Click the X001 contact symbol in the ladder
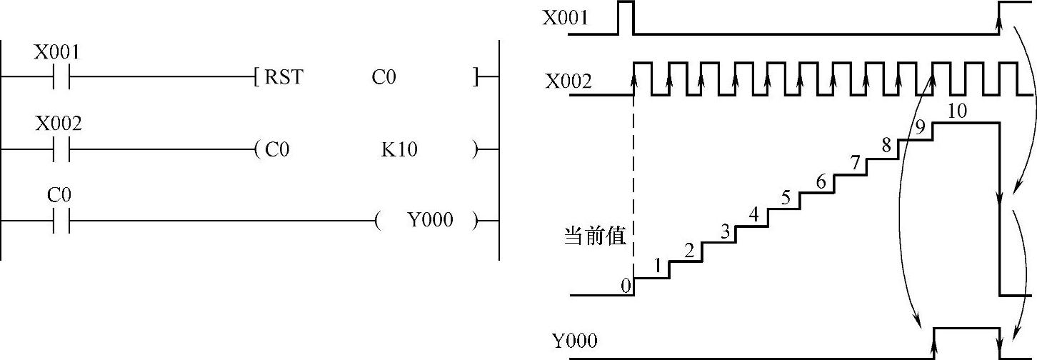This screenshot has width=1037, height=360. tap(61, 76)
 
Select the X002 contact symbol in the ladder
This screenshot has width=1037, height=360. tap(61, 149)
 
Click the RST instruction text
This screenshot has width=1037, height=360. tap(284, 76)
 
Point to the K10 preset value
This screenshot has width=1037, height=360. tap(399, 149)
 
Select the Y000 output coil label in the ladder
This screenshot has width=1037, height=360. tap(430, 220)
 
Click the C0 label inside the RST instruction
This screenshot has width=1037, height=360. tap(383, 76)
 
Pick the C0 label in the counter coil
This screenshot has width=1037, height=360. tap(277, 149)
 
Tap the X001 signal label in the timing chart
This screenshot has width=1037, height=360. tap(566, 17)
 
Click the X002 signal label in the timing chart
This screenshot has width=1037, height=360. tap(568, 81)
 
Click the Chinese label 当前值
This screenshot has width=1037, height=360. tap(595, 236)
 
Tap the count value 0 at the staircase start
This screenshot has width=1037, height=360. tap(626, 286)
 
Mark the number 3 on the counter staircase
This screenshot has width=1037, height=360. tap(725, 231)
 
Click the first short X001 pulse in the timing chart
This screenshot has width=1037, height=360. tap(625, 17)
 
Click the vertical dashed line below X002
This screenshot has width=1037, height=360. tap(633, 186)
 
